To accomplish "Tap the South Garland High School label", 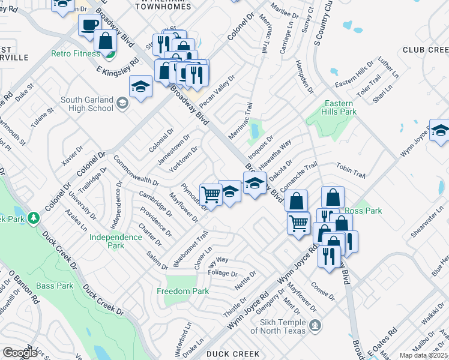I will (x=87, y=104).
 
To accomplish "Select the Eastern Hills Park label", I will (x=340, y=107).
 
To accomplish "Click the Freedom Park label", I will (x=182, y=291).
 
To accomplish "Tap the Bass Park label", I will (x=55, y=286).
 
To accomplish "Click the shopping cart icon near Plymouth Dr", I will (x=210, y=194).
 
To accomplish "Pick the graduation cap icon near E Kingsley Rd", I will (x=140, y=87).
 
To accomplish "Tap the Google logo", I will (x=20, y=353).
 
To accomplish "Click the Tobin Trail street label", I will (x=351, y=171).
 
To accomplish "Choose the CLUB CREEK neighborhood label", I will (x=425, y=49).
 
